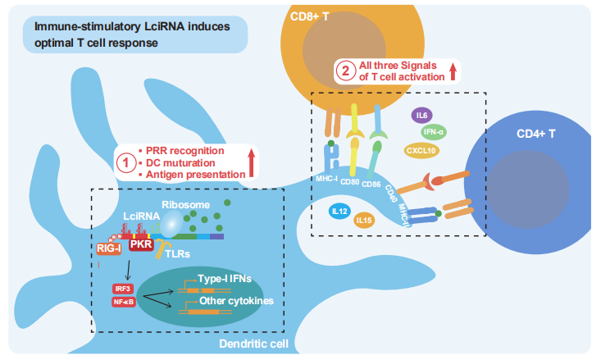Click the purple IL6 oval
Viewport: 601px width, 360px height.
[x=421, y=116]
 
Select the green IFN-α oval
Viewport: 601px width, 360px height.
[x=434, y=132]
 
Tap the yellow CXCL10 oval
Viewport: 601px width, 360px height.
[x=421, y=151]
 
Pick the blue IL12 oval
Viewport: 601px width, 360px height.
[x=339, y=212]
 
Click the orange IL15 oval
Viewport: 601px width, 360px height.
[x=364, y=221]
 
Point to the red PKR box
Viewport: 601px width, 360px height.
[x=141, y=244]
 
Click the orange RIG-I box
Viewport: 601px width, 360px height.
[x=109, y=248]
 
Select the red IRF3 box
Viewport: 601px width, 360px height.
[x=123, y=289]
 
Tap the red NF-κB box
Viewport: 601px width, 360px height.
[x=124, y=302]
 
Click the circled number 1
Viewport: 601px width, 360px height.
[x=126, y=163]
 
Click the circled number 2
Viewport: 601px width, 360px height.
[x=346, y=71]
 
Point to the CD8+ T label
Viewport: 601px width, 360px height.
[x=309, y=17]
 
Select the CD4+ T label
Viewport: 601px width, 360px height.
[x=536, y=134]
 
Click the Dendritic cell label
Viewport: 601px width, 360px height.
[x=253, y=344]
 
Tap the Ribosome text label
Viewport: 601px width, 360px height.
[x=185, y=205]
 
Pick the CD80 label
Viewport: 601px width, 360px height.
[x=349, y=182]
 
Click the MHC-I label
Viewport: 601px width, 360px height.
[x=326, y=179]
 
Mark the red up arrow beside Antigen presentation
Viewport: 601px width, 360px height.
[x=252, y=163]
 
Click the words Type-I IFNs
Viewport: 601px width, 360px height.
[x=225, y=279]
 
